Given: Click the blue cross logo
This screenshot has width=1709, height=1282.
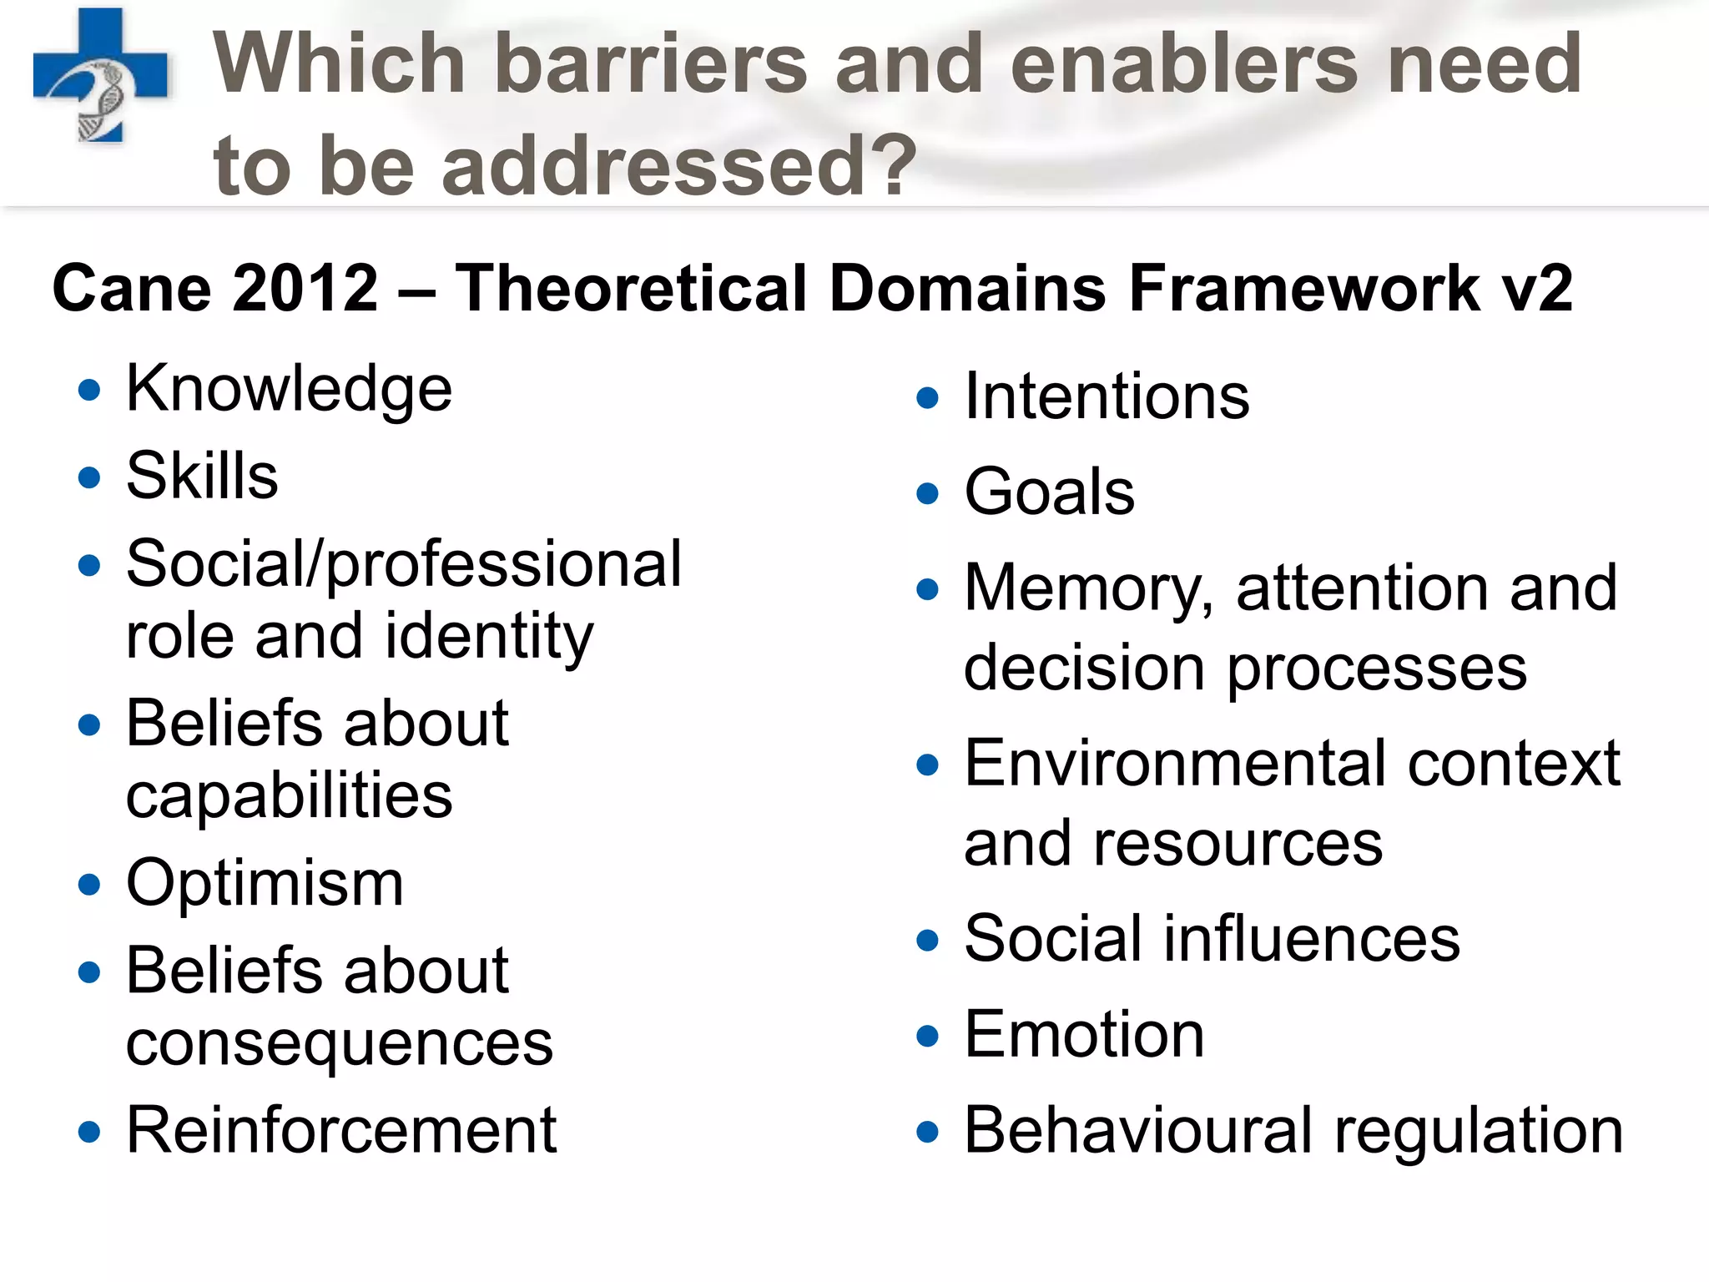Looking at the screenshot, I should point(100,75).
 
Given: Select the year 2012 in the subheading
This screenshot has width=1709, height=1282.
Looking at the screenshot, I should point(305,288).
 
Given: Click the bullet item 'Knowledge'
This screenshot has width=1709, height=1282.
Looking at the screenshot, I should point(289,389).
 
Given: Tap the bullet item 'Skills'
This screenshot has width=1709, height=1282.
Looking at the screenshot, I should point(202,476).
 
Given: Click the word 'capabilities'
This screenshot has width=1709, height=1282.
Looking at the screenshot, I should point(289,795).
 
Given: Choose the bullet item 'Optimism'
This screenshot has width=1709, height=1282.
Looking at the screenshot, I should point(265,883).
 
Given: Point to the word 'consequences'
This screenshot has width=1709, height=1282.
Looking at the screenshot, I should point(339,1043).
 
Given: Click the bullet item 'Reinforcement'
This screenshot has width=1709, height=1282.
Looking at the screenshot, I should point(340,1130).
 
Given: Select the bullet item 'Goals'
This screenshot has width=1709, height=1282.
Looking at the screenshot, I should point(1049,492).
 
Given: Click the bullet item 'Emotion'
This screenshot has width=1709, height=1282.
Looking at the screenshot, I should point(1084,1035).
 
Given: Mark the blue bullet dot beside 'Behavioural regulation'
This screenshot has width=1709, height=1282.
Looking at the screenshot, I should point(927,1133).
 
